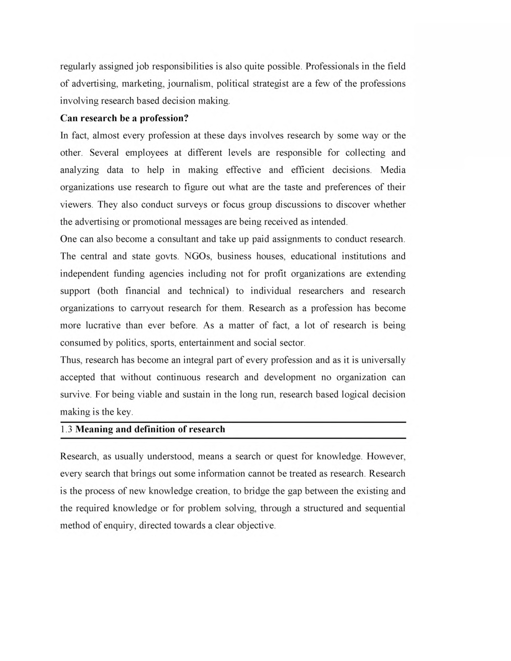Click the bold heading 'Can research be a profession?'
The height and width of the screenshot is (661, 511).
[123, 118]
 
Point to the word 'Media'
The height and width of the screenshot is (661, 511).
[393, 170]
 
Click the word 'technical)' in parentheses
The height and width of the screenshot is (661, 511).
[209, 291]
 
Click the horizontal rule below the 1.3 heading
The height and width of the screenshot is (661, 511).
[233, 438]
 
